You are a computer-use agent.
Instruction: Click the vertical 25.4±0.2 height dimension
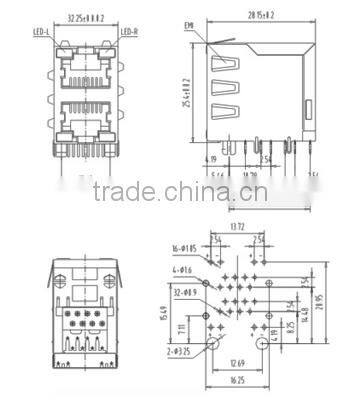tap(187, 93)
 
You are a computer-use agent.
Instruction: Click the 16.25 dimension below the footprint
tap(237, 381)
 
